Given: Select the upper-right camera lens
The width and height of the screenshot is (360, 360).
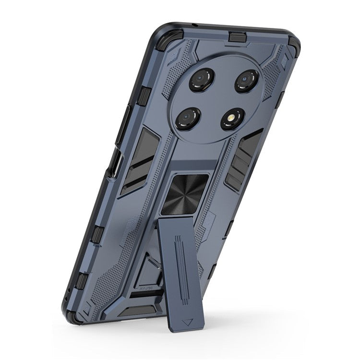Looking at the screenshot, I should [247, 80].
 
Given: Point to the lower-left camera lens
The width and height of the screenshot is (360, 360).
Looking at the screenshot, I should [187, 116].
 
